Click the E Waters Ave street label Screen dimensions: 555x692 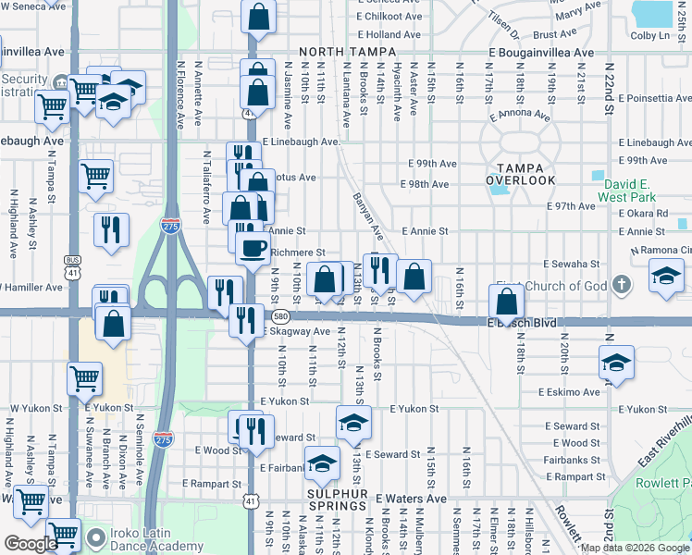[x=411, y=499]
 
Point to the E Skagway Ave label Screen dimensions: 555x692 [x=296, y=331]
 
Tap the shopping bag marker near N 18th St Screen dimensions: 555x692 [x=507, y=302]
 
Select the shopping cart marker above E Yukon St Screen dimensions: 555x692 [x=84, y=377]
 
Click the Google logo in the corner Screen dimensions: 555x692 [x=31, y=545]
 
